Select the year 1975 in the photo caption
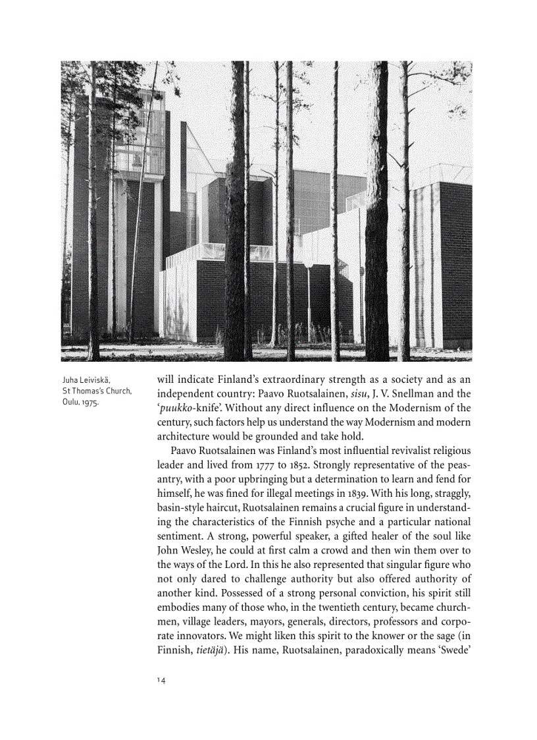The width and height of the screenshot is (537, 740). (89, 403)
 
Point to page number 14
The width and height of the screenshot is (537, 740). (161, 680)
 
